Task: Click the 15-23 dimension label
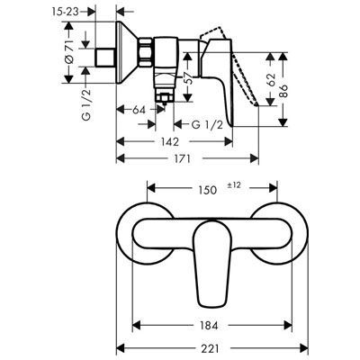[x=65, y=12]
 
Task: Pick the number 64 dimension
[x=139, y=110]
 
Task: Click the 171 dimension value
[x=182, y=158]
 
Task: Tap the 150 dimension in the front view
[x=208, y=190]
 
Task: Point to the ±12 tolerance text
[x=234, y=185]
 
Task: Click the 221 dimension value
[x=210, y=348]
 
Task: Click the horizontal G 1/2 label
[x=207, y=124]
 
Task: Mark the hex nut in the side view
[x=146, y=52]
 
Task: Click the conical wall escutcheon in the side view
[x=127, y=52]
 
